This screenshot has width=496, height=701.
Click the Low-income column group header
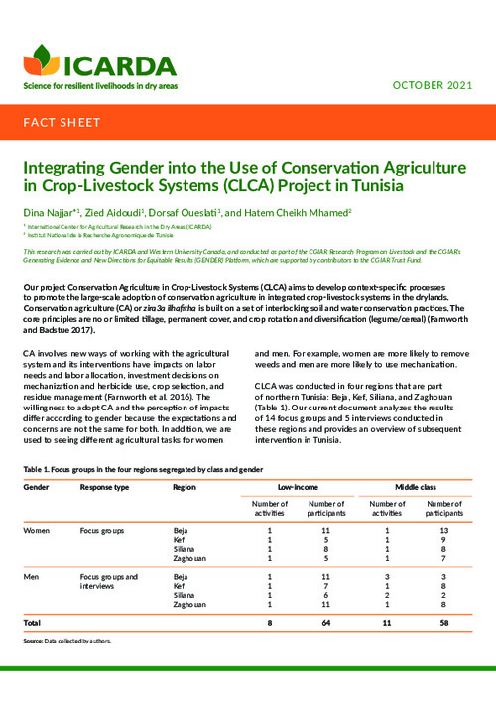pyautogui.click(x=298, y=489)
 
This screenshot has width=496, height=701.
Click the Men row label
pyautogui.click(x=34, y=575)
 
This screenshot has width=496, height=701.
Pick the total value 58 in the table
pyautogui.click(x=444, y=622)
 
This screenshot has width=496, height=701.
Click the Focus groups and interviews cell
pyautogui.click(x=109, y=580)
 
